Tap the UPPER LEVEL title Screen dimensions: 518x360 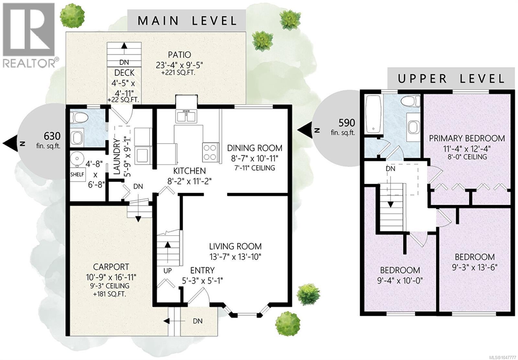tap(451, 79)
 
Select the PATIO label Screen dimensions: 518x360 tap(179, 55)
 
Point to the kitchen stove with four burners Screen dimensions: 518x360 tap(210, 152)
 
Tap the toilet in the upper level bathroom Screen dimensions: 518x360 tap(411, 101)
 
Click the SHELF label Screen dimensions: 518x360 tap(77, 174)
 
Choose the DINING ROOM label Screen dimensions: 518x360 tap(254, 148)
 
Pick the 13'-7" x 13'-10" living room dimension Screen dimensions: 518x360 tap(235, 257)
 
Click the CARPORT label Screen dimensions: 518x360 tap(111, 267)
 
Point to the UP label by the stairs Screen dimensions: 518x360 tap(167, 271)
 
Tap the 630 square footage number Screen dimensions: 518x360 tap(52, 136)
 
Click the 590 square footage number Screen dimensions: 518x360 tap(347, 123)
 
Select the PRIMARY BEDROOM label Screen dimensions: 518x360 tap(467, 138)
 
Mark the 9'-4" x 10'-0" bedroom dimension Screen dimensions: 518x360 tap(400, 281)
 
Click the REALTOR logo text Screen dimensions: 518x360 tap(29, 63)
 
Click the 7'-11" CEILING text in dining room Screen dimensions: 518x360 tap(254, 168)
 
